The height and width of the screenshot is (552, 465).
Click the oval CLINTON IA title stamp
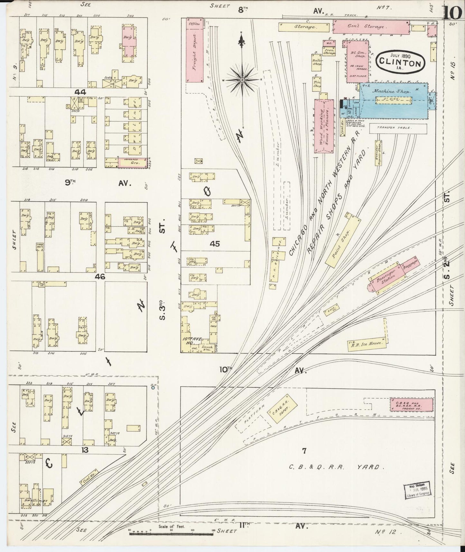point(400,61)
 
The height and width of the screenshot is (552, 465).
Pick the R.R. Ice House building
point(366,344)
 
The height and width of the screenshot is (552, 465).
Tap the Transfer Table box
point(398,128)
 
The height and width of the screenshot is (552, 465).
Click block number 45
point(215,244)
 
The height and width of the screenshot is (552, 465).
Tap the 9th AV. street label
point(97,183)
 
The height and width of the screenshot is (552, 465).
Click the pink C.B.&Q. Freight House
point(411,405)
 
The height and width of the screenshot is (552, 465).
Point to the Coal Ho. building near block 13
point(88,478)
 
